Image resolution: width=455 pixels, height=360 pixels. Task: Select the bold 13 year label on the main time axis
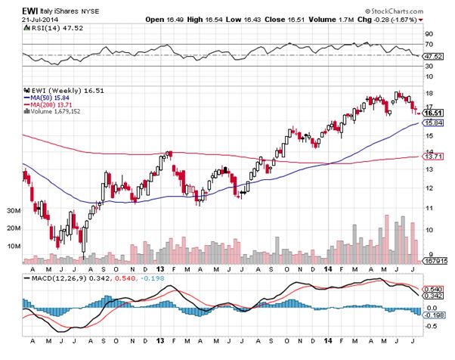[160, 268]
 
